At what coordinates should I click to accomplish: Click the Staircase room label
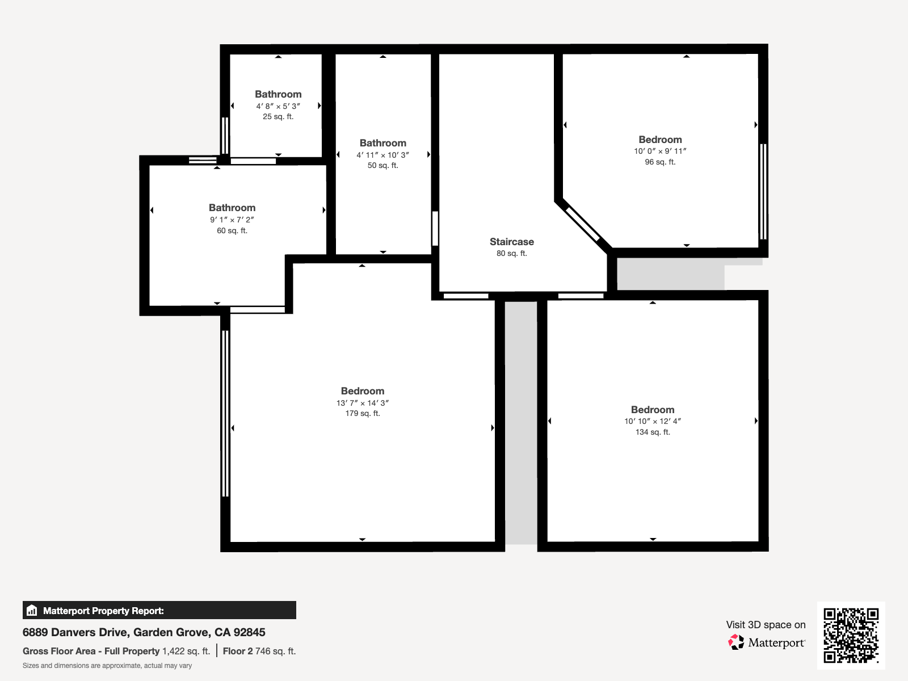tap(511, 242)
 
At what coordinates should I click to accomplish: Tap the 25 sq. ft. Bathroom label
tap(278, 94)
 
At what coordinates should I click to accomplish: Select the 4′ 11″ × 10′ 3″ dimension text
tap(382, 155)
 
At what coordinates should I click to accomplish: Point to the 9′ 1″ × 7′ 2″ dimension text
tap(232, 220)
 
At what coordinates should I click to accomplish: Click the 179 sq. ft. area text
tap(363, 414)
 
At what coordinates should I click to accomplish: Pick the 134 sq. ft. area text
tap(653, 432)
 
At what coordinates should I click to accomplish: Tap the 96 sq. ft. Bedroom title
tap(660, 140)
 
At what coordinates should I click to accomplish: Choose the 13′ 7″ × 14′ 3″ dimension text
tap(362, 403)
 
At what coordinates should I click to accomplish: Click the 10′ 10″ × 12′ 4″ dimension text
tap(653, 421)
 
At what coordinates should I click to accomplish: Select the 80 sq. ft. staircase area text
tap(511, 254)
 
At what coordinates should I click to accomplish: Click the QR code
tap(851, 635)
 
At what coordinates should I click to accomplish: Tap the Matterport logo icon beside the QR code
tap(736, 642)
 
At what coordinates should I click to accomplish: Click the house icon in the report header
tap(32, 611)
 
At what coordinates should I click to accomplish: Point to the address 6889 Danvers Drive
tap(144, 632)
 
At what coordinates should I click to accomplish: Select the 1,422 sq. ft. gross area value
tap(186, 651)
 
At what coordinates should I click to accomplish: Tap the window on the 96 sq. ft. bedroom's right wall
tap(763, 191)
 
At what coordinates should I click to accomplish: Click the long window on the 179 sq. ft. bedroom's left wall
tap(225, 413)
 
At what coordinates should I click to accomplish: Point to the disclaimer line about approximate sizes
tap(107, 666)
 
